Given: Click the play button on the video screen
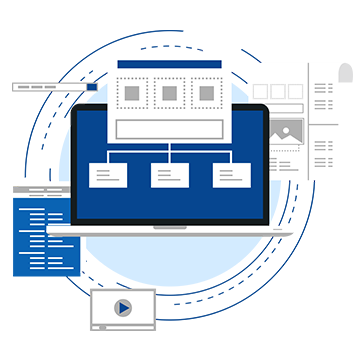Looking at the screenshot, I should point(122,308).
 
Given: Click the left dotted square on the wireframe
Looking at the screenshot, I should point(133,94).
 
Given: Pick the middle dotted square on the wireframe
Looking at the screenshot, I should point(169,94).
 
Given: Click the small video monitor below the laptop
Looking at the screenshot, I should point(122,308).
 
